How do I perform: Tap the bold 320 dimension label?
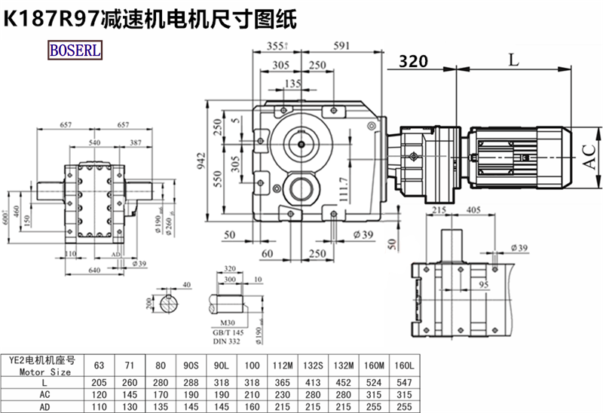413,61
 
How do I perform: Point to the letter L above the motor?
513,60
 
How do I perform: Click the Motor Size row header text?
45,372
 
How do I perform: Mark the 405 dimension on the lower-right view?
473,210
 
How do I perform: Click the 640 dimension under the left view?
94,270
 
